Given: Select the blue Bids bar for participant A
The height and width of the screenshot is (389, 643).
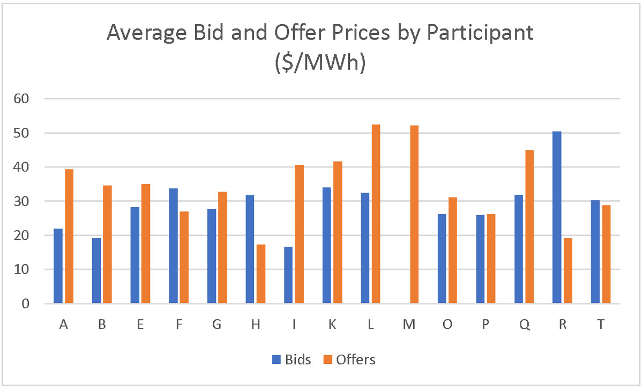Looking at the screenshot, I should (x=58, y=266).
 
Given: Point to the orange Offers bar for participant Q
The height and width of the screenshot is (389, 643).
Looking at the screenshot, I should (x=529, y=227).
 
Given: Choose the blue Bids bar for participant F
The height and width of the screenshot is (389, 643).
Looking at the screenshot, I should (x=173, y=246).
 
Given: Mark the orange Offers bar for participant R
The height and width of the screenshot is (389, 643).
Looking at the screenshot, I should (x=568, y=271).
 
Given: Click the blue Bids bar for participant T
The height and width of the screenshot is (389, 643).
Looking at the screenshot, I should (x=595, y=251).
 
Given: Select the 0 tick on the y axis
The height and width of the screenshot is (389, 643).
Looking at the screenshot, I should (x=31, y=304).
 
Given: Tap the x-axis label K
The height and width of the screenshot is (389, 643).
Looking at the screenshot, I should (x=332, y=325).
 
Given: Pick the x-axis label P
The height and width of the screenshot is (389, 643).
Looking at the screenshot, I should (x=486, y=325).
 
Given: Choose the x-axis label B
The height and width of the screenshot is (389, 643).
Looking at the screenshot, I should (x=102, y=325).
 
